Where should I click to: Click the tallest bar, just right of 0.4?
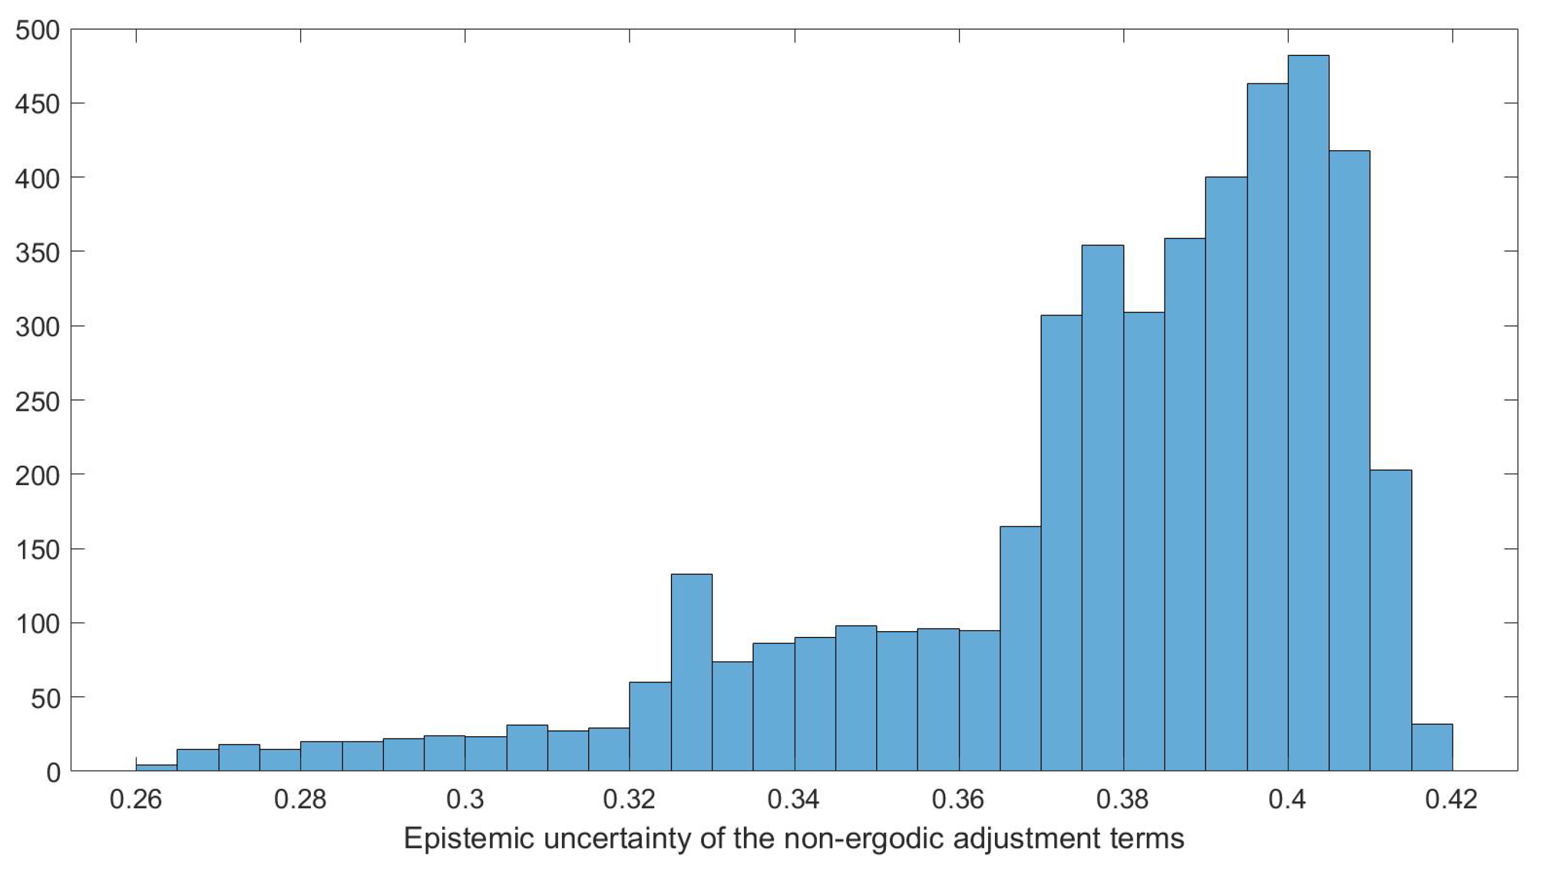coord(1308,413)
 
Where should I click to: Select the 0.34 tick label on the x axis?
coord(794,800)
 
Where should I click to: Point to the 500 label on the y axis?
coord(37,30)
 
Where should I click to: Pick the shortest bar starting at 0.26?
coord(156,768)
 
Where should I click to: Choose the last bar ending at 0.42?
coord(1432,748)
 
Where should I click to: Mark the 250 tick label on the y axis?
coord(37,401)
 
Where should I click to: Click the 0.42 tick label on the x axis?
coord(1452,800)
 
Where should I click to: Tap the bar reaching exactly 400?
coord(1226,473)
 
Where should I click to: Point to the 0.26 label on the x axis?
coord(136,800)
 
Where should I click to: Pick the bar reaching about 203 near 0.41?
coord(1391,620)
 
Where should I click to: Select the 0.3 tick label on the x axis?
coord(465,800)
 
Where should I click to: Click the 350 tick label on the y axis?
coord(37,252)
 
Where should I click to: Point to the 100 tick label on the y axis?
coord(37,623)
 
